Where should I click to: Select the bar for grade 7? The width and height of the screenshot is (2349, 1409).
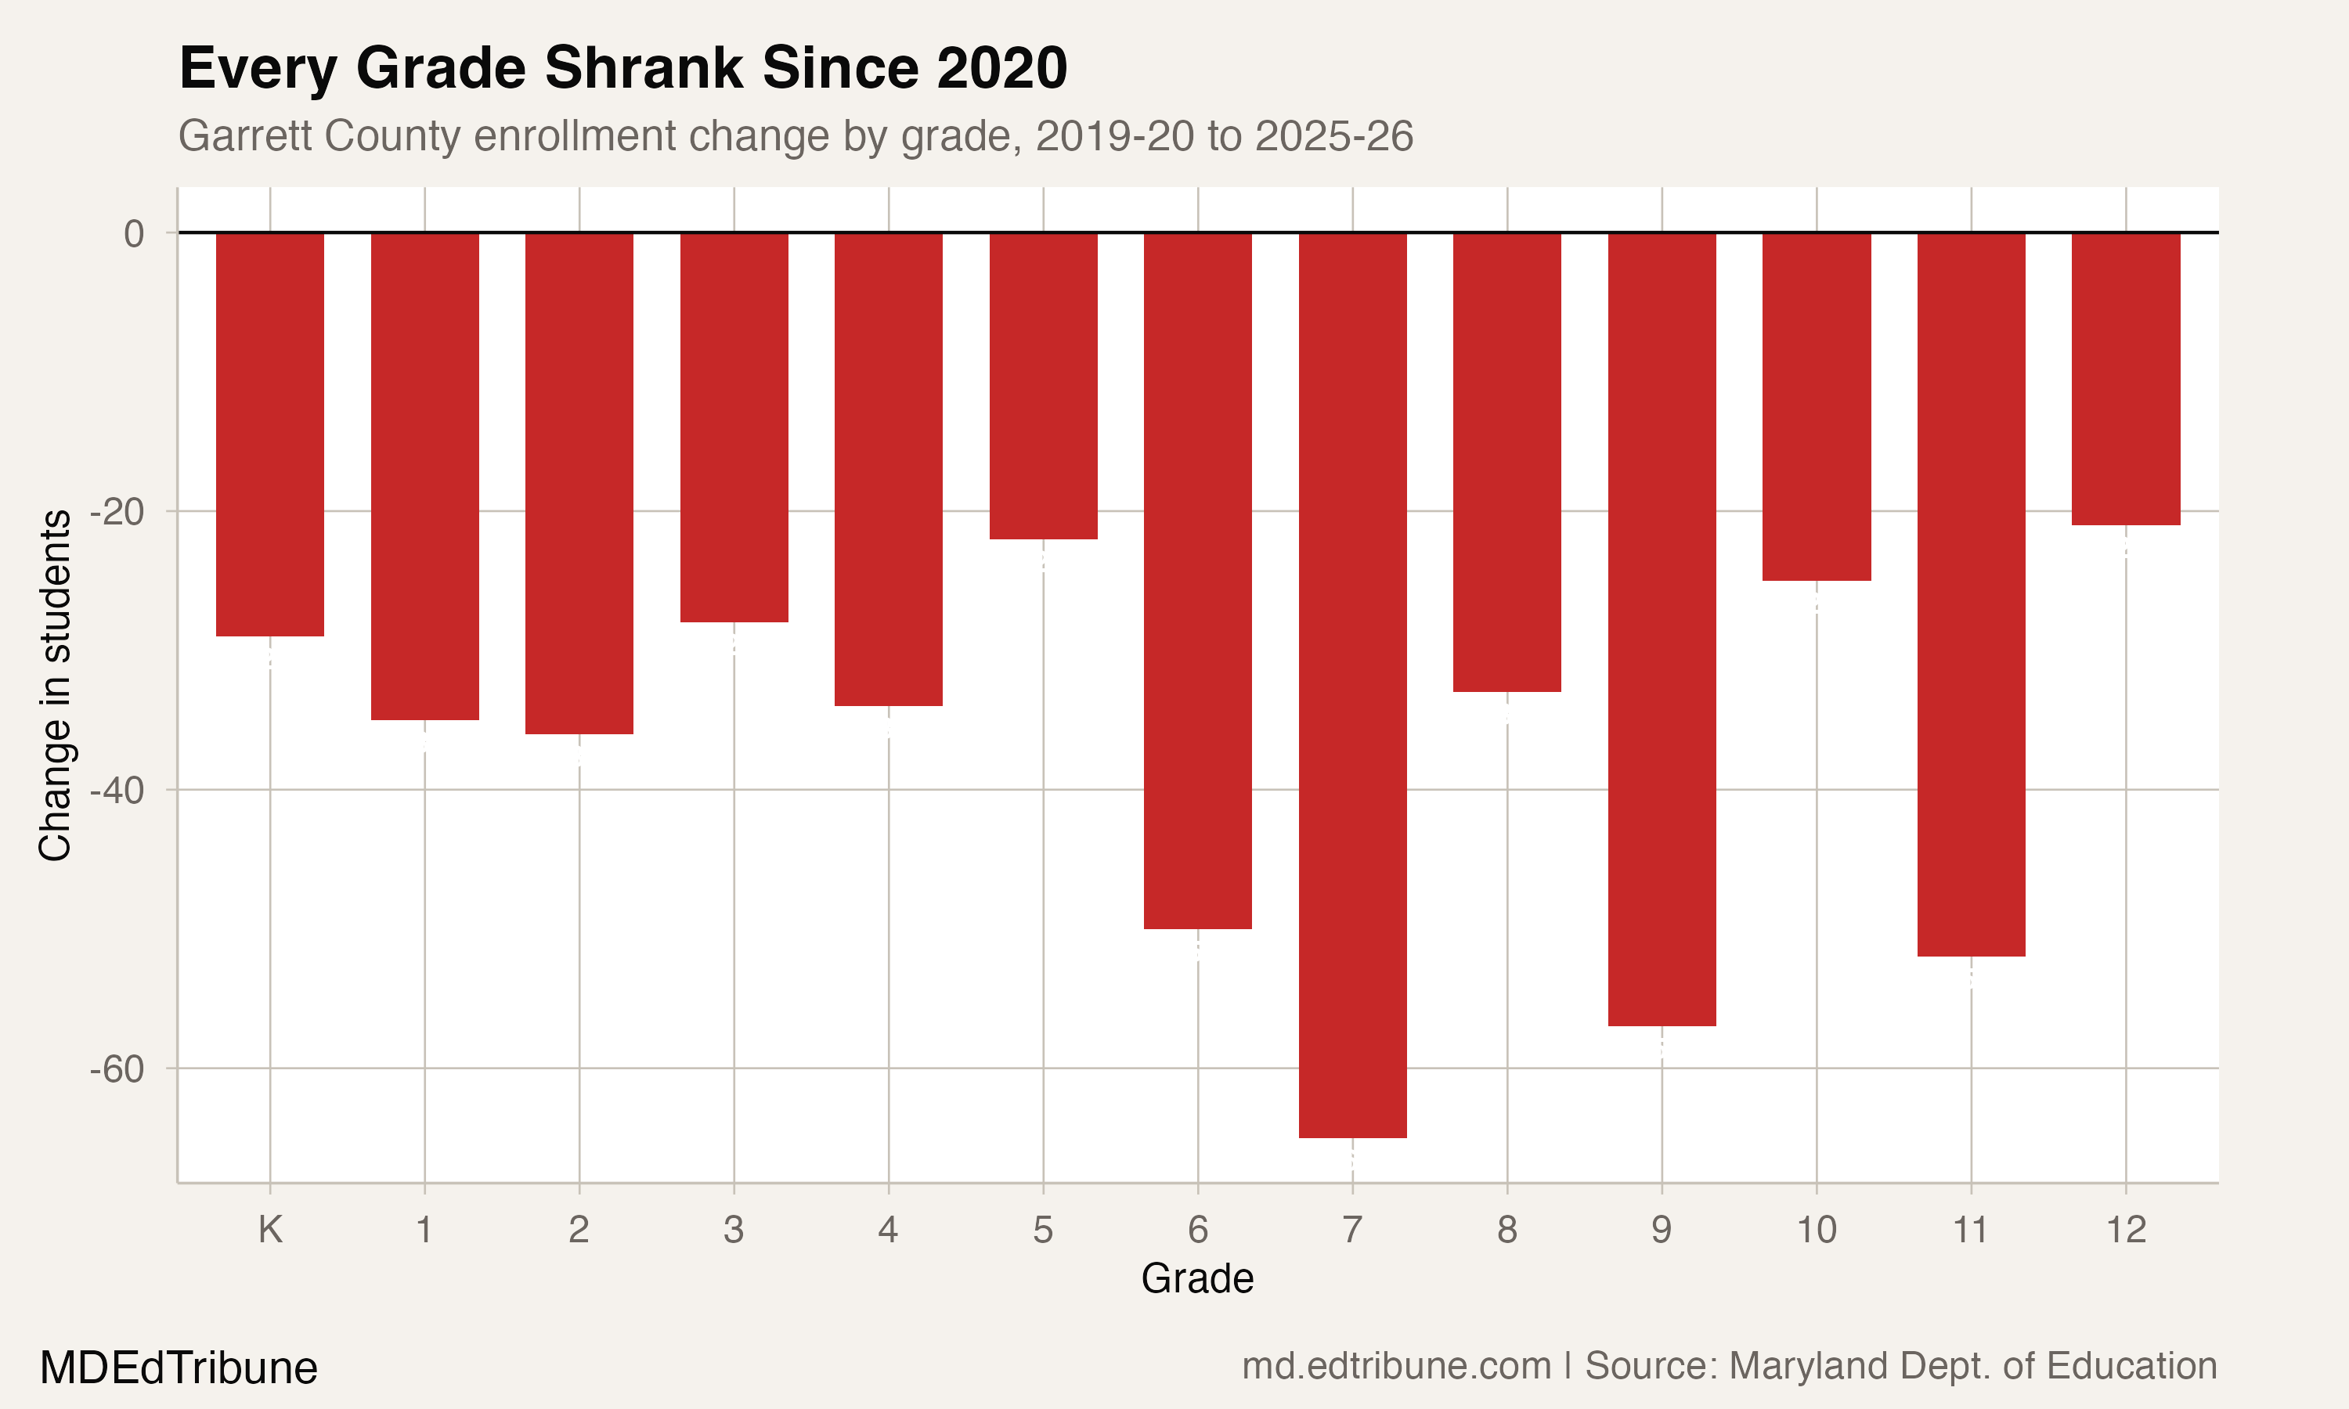click(x=1352, y=683)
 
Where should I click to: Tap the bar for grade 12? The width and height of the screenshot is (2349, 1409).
click(x=2126, y=378)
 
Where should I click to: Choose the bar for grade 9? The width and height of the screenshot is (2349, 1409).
click(x=1662, y=629)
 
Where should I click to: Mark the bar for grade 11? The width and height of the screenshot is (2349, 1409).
click(x=1971, y=593)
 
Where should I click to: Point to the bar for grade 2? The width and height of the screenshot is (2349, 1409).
click(x=579, y=482)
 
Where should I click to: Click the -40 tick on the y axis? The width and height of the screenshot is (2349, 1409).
click(x=117, y=790)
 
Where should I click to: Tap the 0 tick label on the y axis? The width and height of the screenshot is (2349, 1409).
click(x=134, y=233)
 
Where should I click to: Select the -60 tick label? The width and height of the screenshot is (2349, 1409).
click(x=117, y=1069)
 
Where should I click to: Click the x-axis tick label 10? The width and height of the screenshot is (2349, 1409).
click(x=1816, y=1231)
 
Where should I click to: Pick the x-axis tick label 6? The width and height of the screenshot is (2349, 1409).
click(x=1197, y=1231)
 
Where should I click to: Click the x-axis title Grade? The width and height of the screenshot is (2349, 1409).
click(x=1196, y=1279)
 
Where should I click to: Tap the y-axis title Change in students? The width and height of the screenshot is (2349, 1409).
click(x=55, y=686)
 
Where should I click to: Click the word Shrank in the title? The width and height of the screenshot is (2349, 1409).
click(x=643, y=68)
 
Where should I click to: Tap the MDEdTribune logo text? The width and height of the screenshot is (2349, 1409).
click(x=179, y=1368)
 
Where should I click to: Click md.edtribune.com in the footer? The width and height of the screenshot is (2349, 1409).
click(x=1396, y=1366)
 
